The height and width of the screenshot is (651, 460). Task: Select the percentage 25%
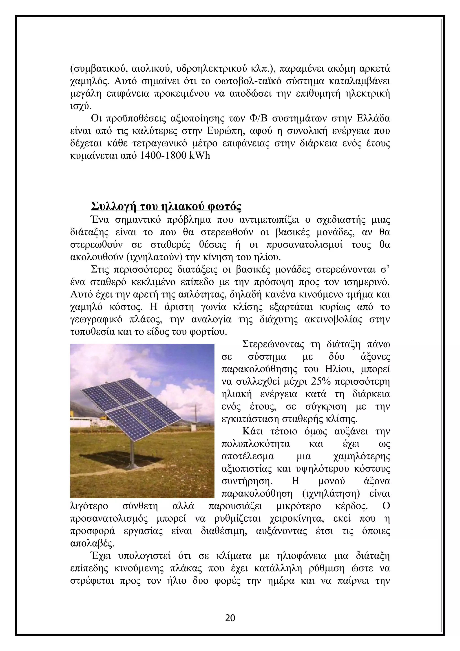(321, 382)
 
